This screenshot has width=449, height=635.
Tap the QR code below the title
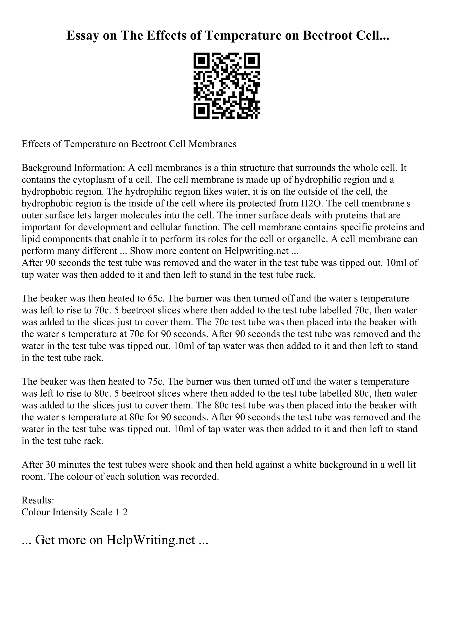click(x=226, y=86)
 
